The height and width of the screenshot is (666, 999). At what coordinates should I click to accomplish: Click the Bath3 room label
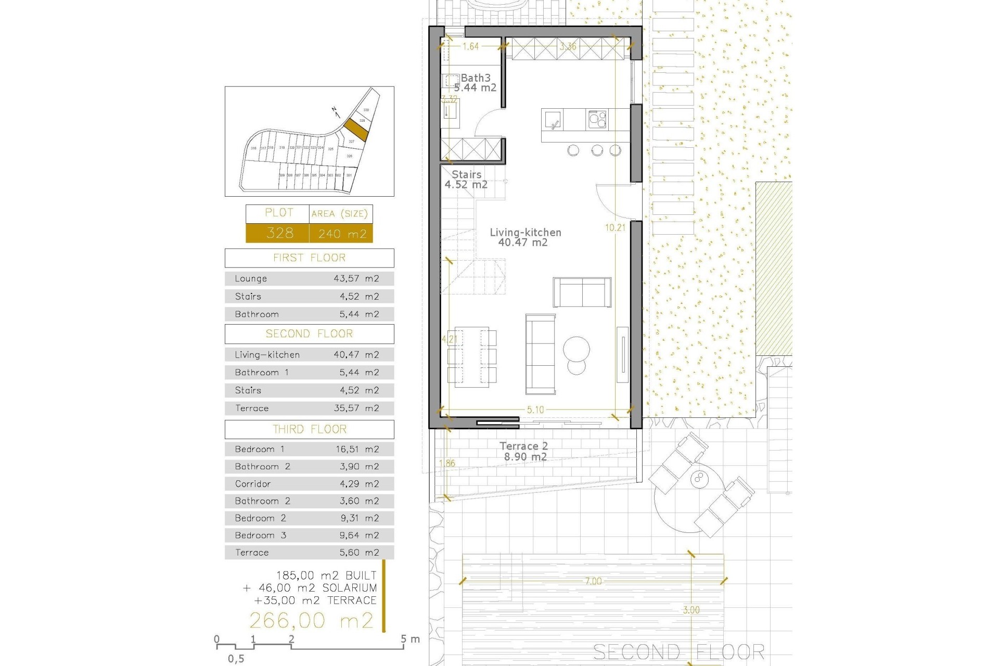(475, 78)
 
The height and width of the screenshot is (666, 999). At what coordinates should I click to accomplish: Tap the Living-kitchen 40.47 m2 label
(525, 237)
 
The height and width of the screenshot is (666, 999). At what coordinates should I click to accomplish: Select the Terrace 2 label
(524, 452)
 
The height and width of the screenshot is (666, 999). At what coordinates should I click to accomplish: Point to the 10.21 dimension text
(615, 227)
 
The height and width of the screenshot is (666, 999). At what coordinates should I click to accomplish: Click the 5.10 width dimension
(535, 410)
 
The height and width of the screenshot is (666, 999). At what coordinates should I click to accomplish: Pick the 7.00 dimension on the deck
(593, 581)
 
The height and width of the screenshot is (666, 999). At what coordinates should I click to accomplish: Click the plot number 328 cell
(279, 233)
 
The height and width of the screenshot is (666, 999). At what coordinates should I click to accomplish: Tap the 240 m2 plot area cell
(342, 234)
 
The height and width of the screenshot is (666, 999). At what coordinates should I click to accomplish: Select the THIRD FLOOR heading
(309, 429)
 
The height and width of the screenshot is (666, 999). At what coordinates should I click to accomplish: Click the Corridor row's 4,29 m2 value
(359, 484)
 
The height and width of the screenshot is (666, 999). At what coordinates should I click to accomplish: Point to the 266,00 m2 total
(311, 621)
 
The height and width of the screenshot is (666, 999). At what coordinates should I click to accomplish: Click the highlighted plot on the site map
(356, 130)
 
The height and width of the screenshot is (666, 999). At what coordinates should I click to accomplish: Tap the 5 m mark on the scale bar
(404, 639)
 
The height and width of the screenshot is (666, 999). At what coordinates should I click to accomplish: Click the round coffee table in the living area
(577, 348)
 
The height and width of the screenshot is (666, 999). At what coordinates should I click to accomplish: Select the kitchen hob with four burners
(597, 120)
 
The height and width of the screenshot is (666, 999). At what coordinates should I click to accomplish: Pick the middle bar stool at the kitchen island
(597, 151)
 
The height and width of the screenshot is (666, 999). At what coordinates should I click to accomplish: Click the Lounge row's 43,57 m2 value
(356, 279)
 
